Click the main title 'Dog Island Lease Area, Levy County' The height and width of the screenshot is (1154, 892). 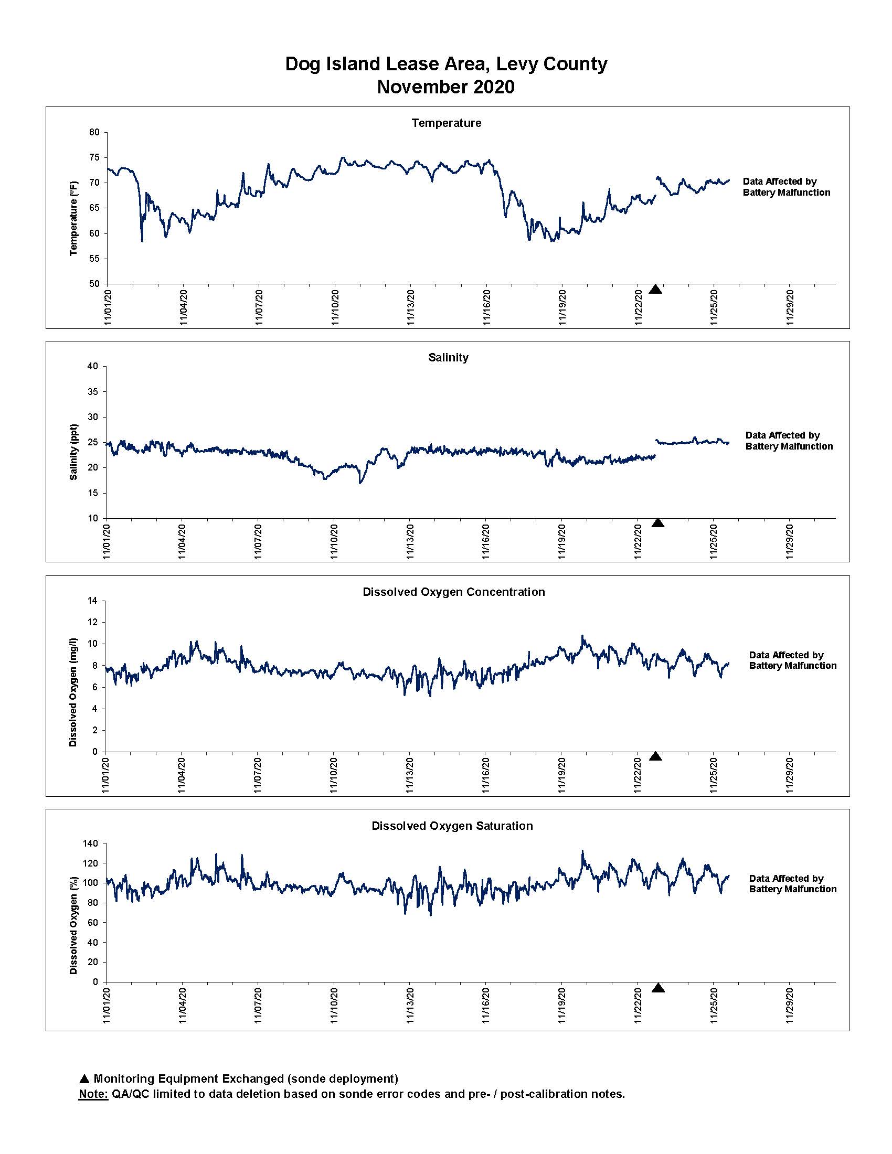click(x=446, y=64)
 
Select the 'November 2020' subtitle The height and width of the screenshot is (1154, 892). click(x=446, y=87)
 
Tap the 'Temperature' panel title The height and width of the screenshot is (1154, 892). click(x=447, y=123)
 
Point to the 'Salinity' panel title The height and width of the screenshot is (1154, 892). click(x=448, y=357)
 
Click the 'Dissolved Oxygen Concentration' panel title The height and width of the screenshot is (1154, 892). click(x=453, y=592)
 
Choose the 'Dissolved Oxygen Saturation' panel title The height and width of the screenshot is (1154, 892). click(x=452, y=826)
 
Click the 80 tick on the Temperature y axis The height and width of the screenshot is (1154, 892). click(x=94, y=132)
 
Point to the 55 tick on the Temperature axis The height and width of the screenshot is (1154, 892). click(x=94, y=259)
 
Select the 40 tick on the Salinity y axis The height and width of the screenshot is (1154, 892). click(x=93, y=366)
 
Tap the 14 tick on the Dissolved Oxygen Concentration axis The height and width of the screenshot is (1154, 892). click(x=93, y=601)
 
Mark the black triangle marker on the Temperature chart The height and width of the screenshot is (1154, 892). click(x=655, y=289)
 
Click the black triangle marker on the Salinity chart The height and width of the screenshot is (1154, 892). click(x=658, y=522)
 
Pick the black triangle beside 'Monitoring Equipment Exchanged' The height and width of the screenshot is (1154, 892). click(x=84, y=1079)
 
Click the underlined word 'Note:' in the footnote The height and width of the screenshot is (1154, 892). click(x=93, y=1094)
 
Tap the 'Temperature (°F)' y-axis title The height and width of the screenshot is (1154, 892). click(x=74, y=218)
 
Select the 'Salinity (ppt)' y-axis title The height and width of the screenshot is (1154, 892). click(x=74, y=452)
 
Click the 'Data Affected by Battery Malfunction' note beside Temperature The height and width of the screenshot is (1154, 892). click(x=787, y=187)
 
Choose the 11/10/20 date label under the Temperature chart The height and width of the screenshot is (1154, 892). click(x=335, y=306)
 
